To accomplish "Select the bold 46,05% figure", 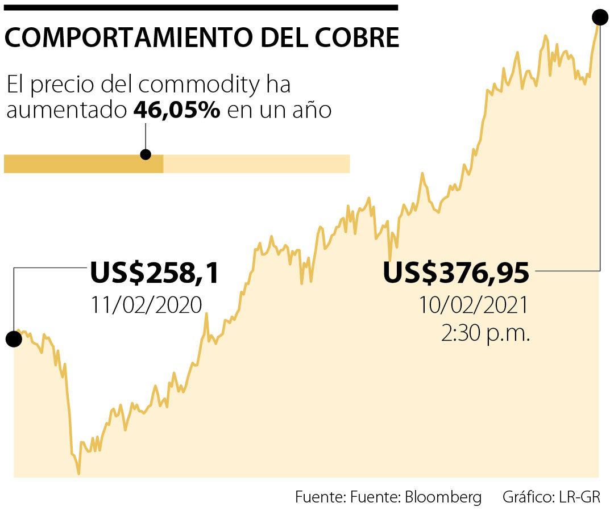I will coord(176,110).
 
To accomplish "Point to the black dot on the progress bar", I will coord(146,154).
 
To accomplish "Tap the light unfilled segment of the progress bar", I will coord(256,164).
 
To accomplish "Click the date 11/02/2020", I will coord(146,305).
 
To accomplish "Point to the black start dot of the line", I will coord(14,339).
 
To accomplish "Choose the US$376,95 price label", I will coord(456,273).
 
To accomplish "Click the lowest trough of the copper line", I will coord(78,472).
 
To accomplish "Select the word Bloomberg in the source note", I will coord(443,497).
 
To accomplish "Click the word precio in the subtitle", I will coord(63,86).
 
